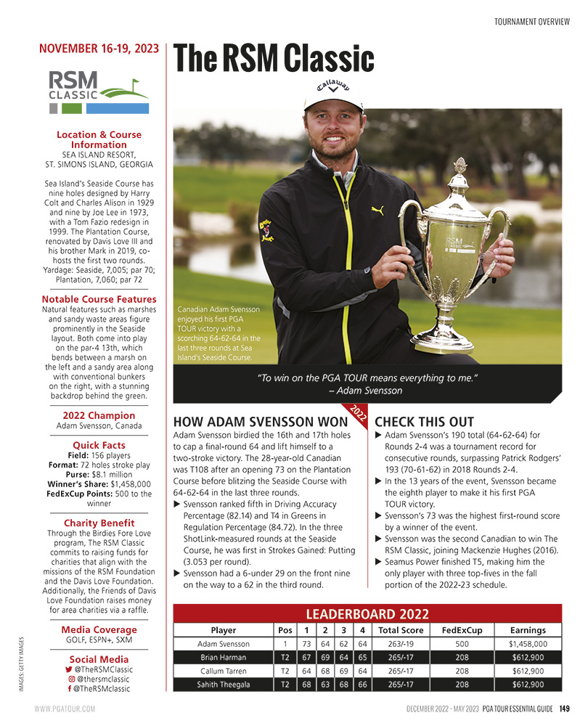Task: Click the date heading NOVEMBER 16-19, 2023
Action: tap(99, 49)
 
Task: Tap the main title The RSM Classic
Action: tap(274, 59)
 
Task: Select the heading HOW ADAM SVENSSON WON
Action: tap(261, 422)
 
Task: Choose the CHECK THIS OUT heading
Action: tap(424, 422)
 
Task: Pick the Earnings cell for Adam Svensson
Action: tap(528, 644)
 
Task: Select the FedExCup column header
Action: tap(461, 630)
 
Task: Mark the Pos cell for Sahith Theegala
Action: tap(285, 685)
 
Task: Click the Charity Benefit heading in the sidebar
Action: tap(99, 523)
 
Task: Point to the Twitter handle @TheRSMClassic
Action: tap(103, 669)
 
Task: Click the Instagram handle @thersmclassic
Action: tap(103, 679)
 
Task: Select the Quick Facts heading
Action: tap(99, 445)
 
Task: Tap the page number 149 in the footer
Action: tap(563, 708)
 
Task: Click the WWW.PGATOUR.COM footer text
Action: tap(65, 709)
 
